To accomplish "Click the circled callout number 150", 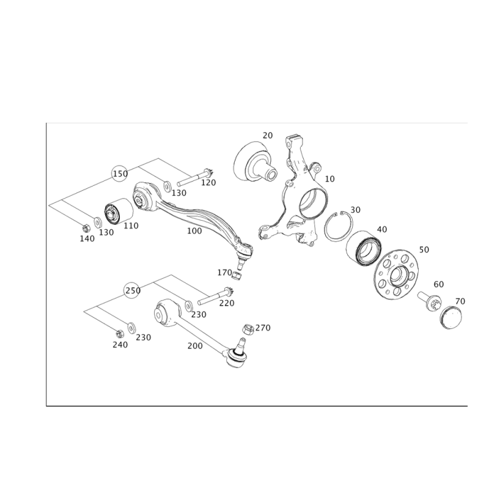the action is pos(120,174).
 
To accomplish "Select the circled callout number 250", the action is pos(133,290).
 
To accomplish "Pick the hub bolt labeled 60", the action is pos(430,300).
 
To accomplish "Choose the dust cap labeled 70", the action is pos(451,317).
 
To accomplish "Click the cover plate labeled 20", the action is pos(254,161).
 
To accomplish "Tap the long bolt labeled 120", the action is pos(195,178).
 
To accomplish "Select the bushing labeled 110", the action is pos(119,210).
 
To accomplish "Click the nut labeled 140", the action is pos(86,229).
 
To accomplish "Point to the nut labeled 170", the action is pos(237,276).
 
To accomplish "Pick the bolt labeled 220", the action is pos(216,296).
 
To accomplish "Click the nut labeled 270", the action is pos(248,329).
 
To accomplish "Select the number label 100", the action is pos(194,231).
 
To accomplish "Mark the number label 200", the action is pos(195,346).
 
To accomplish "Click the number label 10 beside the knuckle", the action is pos(329,179).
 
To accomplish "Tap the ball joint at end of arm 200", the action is pos(236,353).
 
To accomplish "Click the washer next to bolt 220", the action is pos(188,306).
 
